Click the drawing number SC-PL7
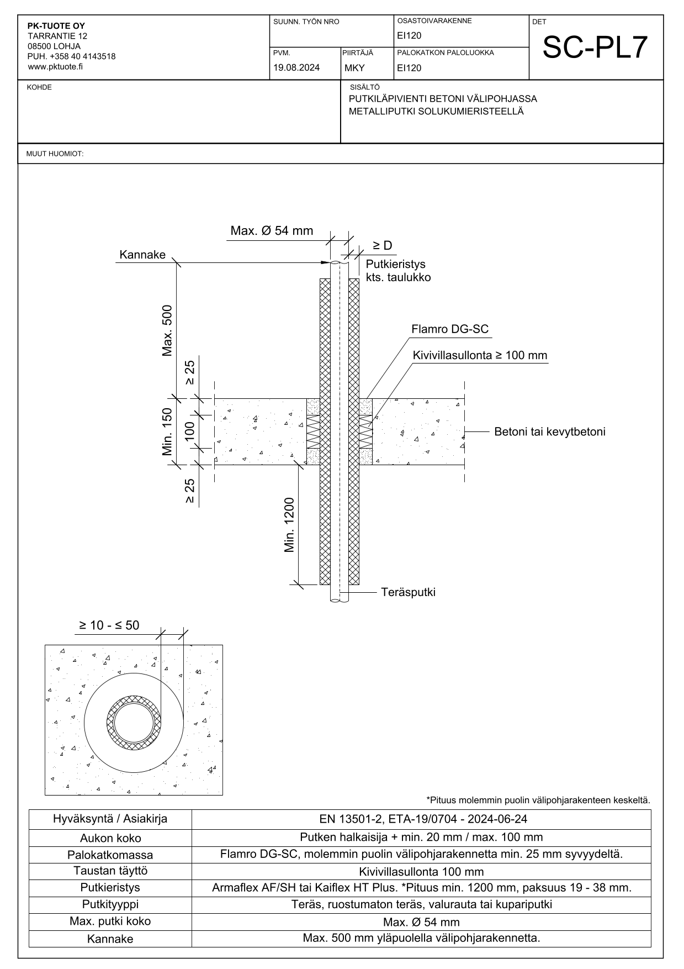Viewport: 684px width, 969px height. coord(595,48)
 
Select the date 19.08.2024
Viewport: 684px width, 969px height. coord(296,68)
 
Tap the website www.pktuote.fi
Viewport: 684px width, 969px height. coord(55,67)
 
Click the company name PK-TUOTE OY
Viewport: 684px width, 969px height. coord(56,26)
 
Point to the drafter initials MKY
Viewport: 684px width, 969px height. coord(354,69)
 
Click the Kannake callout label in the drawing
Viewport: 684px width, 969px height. coord(142,255)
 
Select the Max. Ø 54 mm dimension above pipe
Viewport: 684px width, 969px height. coord(272,231)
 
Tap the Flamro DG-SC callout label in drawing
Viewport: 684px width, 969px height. coord(450,329)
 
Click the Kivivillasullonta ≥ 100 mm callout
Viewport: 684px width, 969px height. coord(480,355)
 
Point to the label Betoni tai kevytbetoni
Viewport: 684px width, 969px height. coord(549,431)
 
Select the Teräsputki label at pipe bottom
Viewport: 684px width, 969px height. coord(408,592)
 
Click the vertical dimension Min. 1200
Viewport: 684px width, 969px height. coord(290,525)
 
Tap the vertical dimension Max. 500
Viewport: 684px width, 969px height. coord(168,330)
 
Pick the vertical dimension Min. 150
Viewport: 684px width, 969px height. coord(168,431)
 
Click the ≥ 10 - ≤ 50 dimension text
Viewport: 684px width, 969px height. coord(109,625)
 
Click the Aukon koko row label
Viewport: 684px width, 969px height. coord(110,838)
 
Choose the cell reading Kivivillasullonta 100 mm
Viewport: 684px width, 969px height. coord(421,872)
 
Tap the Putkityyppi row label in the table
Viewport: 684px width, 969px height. coord(110,904)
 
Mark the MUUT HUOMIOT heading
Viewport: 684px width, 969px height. coord(55,154)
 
